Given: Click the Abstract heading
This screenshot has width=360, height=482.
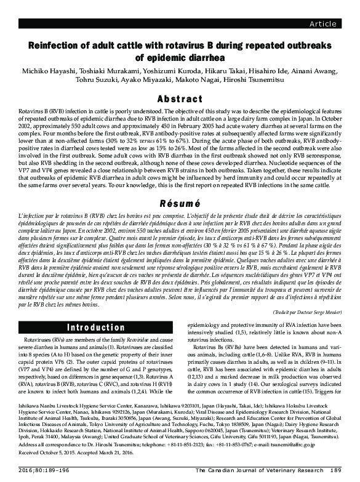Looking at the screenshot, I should pos(180,99).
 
